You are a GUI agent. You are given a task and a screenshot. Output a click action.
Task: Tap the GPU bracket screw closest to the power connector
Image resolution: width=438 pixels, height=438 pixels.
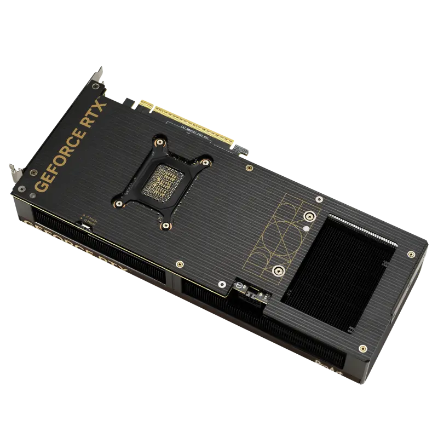(x=165, y=224)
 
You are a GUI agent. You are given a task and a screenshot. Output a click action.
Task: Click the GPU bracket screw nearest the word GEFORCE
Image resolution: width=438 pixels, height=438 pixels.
(x=116, y=204)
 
